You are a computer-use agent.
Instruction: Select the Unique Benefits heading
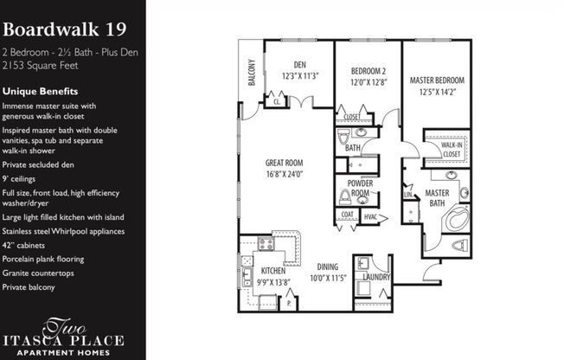click(x=41, y=91)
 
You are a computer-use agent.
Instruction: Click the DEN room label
click(x=299, y=64)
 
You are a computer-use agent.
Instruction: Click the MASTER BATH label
click(x=436, y=198)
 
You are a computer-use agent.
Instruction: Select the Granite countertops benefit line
click(x=38, y=273)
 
